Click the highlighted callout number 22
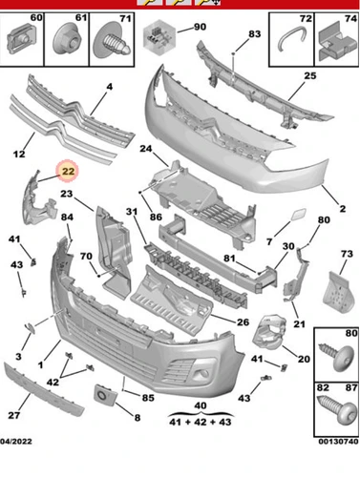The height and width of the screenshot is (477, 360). click(68, 172)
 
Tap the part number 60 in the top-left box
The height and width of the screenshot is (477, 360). click(36, 18)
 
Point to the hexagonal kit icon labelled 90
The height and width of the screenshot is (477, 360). click(159, 37)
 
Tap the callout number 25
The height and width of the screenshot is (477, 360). click(309, 76)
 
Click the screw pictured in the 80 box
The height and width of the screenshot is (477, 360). click(337, 355)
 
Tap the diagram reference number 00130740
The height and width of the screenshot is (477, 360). click(338, 442)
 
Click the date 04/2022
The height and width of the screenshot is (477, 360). click(16, 442)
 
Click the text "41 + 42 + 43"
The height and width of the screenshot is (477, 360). click(201, 422)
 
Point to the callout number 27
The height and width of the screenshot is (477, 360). click(14, 415)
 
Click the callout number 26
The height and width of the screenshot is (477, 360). click(243, 322)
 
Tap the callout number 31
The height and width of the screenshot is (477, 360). click(132, 212)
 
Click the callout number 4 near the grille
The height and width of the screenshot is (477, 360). click(110, 87)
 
